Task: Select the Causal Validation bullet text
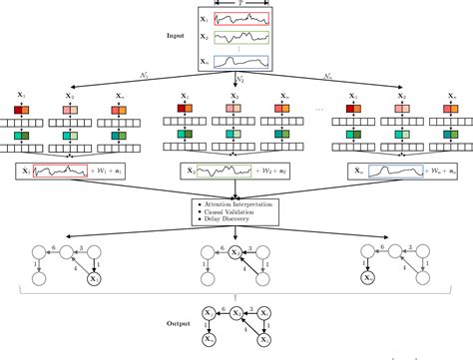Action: click(233, 211)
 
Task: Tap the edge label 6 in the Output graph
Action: click(222, 306)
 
